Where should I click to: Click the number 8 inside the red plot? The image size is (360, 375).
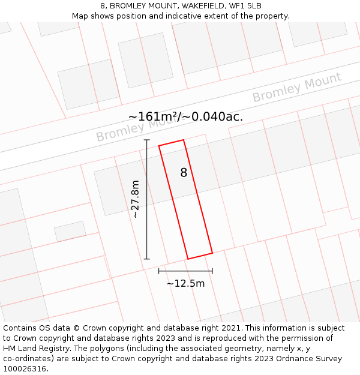[x=184, y=173]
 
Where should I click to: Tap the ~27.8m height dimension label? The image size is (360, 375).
[x=136, y=199]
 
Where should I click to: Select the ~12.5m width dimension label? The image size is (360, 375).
[x=185, y=283]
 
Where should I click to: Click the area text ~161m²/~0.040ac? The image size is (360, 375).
[x=185, y=116]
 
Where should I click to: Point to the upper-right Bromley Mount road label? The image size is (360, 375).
[x=296, y=87]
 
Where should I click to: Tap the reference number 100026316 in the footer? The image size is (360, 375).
[x=25, y=369]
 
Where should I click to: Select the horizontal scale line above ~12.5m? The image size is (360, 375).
[x=185, y=271]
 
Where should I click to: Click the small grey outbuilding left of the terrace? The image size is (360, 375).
[x=70, y=231]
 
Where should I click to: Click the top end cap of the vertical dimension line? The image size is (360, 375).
[x=146, y=140]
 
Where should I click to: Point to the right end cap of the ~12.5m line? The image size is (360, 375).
[x=212, y=271]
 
